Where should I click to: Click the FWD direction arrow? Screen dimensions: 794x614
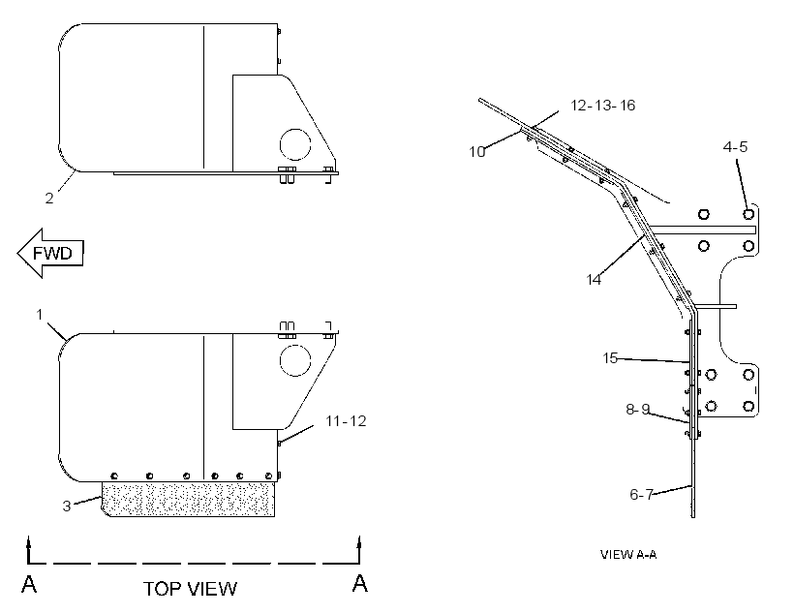click(x=50, y=253)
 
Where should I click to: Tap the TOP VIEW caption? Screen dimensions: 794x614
click(x=190, y=589)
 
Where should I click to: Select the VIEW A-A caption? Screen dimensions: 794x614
click(x=628, y=554)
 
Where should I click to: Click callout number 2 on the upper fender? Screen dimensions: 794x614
click(x=49, y=199)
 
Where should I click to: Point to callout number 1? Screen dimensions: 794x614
click(x=40, y=315)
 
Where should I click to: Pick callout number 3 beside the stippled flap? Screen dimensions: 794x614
click(x=67, y=507)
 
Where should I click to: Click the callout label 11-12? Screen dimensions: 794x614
click(x=346, y=421)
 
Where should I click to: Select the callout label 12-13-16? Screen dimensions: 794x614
click(x=602, y=105)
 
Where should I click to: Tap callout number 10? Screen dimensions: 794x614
click(x=477, y=151)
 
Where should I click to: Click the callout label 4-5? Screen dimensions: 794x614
click(x=735, y=147)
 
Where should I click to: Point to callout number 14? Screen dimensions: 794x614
click(x=594, y=279)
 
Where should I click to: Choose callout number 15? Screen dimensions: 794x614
click(x=610, y=358)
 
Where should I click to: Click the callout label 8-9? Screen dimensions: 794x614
click(x=638, y=409)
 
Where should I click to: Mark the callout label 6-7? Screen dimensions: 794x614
click(x=642, y=494)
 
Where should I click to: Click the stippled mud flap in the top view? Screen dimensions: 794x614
click(x=189, y=500)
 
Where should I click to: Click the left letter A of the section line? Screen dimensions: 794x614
click(x=29, y=584)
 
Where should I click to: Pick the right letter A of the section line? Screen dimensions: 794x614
click(x=359, y=583)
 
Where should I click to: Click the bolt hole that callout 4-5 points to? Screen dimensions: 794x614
click(x=748, y=214)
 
